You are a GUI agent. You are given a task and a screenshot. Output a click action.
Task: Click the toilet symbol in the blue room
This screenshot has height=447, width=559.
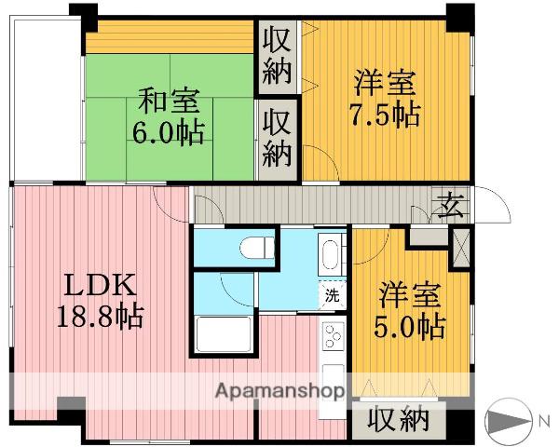click(x=256, y=247)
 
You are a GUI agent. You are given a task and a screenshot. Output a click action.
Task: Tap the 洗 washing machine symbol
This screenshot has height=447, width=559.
click(x=332, y=295)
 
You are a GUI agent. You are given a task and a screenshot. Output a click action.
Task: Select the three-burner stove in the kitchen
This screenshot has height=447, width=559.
click(x=333, y=335)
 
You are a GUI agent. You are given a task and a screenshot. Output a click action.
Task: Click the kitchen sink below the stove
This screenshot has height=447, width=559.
click(x=333, y=379)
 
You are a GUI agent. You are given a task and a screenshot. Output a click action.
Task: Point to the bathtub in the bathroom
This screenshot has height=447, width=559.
click(x=224, y=334)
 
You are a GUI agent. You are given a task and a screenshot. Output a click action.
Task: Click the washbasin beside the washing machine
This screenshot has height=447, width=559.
click(x=331, y=254)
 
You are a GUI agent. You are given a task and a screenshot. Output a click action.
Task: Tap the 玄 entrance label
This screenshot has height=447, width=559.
click(x=453, y=206)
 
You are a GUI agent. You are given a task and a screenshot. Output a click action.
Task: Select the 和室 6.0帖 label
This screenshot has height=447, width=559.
click(x=169, y=116)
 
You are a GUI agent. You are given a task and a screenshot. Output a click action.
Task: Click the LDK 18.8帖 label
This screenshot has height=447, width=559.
click(x=101, y=300)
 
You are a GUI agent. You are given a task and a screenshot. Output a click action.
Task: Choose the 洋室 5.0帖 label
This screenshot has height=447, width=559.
click(x=410, y=310)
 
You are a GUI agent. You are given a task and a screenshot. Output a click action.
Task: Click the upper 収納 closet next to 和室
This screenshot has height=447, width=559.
click(x=278, y=58)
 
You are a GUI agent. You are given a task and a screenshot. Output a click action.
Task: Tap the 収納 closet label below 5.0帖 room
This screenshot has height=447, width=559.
click(x=398, y=419)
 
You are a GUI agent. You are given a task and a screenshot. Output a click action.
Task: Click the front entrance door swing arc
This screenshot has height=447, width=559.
click(x=498, y=200)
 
